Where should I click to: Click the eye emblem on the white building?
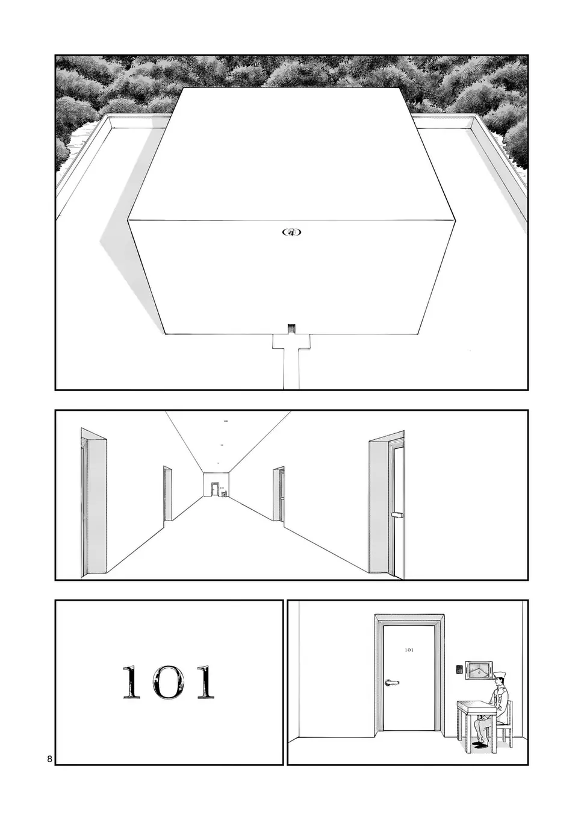point(291,232)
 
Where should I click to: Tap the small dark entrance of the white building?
point(291,328)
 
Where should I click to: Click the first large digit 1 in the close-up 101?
point(132,681)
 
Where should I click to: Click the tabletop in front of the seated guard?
point(476,703)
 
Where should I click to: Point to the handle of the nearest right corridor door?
point(397,515)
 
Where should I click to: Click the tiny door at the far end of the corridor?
point(215,489)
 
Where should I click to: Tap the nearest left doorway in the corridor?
point(94,503)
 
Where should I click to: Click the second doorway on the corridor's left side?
point(167,493)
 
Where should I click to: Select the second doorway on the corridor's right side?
point(278,494)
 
